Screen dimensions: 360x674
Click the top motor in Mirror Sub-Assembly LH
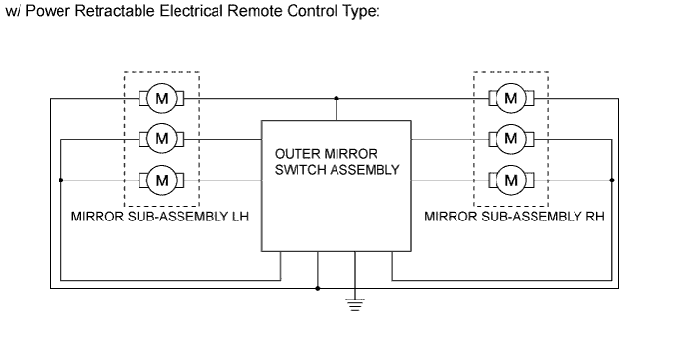click(163, 98)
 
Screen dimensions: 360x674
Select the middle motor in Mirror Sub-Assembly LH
click(163, 139)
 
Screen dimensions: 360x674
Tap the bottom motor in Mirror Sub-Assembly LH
click(163, 180)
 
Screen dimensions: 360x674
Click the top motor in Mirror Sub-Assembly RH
click(510, 98)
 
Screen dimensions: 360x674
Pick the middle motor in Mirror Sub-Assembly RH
click(510, 139)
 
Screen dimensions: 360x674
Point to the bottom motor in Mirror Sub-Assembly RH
click(510, 180)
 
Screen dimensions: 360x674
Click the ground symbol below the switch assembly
click(355, 303)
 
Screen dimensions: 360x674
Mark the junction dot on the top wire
click(337, 98)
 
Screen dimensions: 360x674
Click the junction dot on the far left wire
click(60, 180)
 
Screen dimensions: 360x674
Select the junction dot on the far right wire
click(612, 180)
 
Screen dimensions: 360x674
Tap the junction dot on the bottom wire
click(319, 289)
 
